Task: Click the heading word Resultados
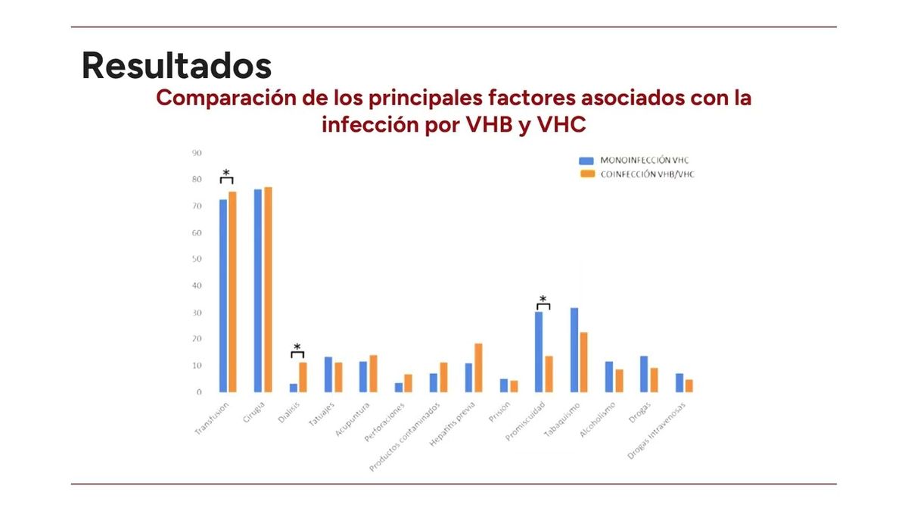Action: tap(176, 65)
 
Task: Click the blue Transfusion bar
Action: tap(223, 295)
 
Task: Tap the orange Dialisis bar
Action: tap(303, 377)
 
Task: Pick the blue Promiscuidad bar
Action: tap(539, 352)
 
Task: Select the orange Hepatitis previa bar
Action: tap(478, 368)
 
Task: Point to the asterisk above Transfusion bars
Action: tap(226, 173)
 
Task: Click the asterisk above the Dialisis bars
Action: tap(297, 347)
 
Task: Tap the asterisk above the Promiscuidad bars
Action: tap(543, 299)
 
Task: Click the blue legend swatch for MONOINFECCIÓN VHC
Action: tap(586, 160)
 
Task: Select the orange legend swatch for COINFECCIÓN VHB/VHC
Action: tap(586, 174)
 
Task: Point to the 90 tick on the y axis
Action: tap(197, 153)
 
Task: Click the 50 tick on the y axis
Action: tap(197, 259)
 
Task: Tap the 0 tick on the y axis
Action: tap(199, 392)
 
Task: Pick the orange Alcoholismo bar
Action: tap(619, 381)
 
